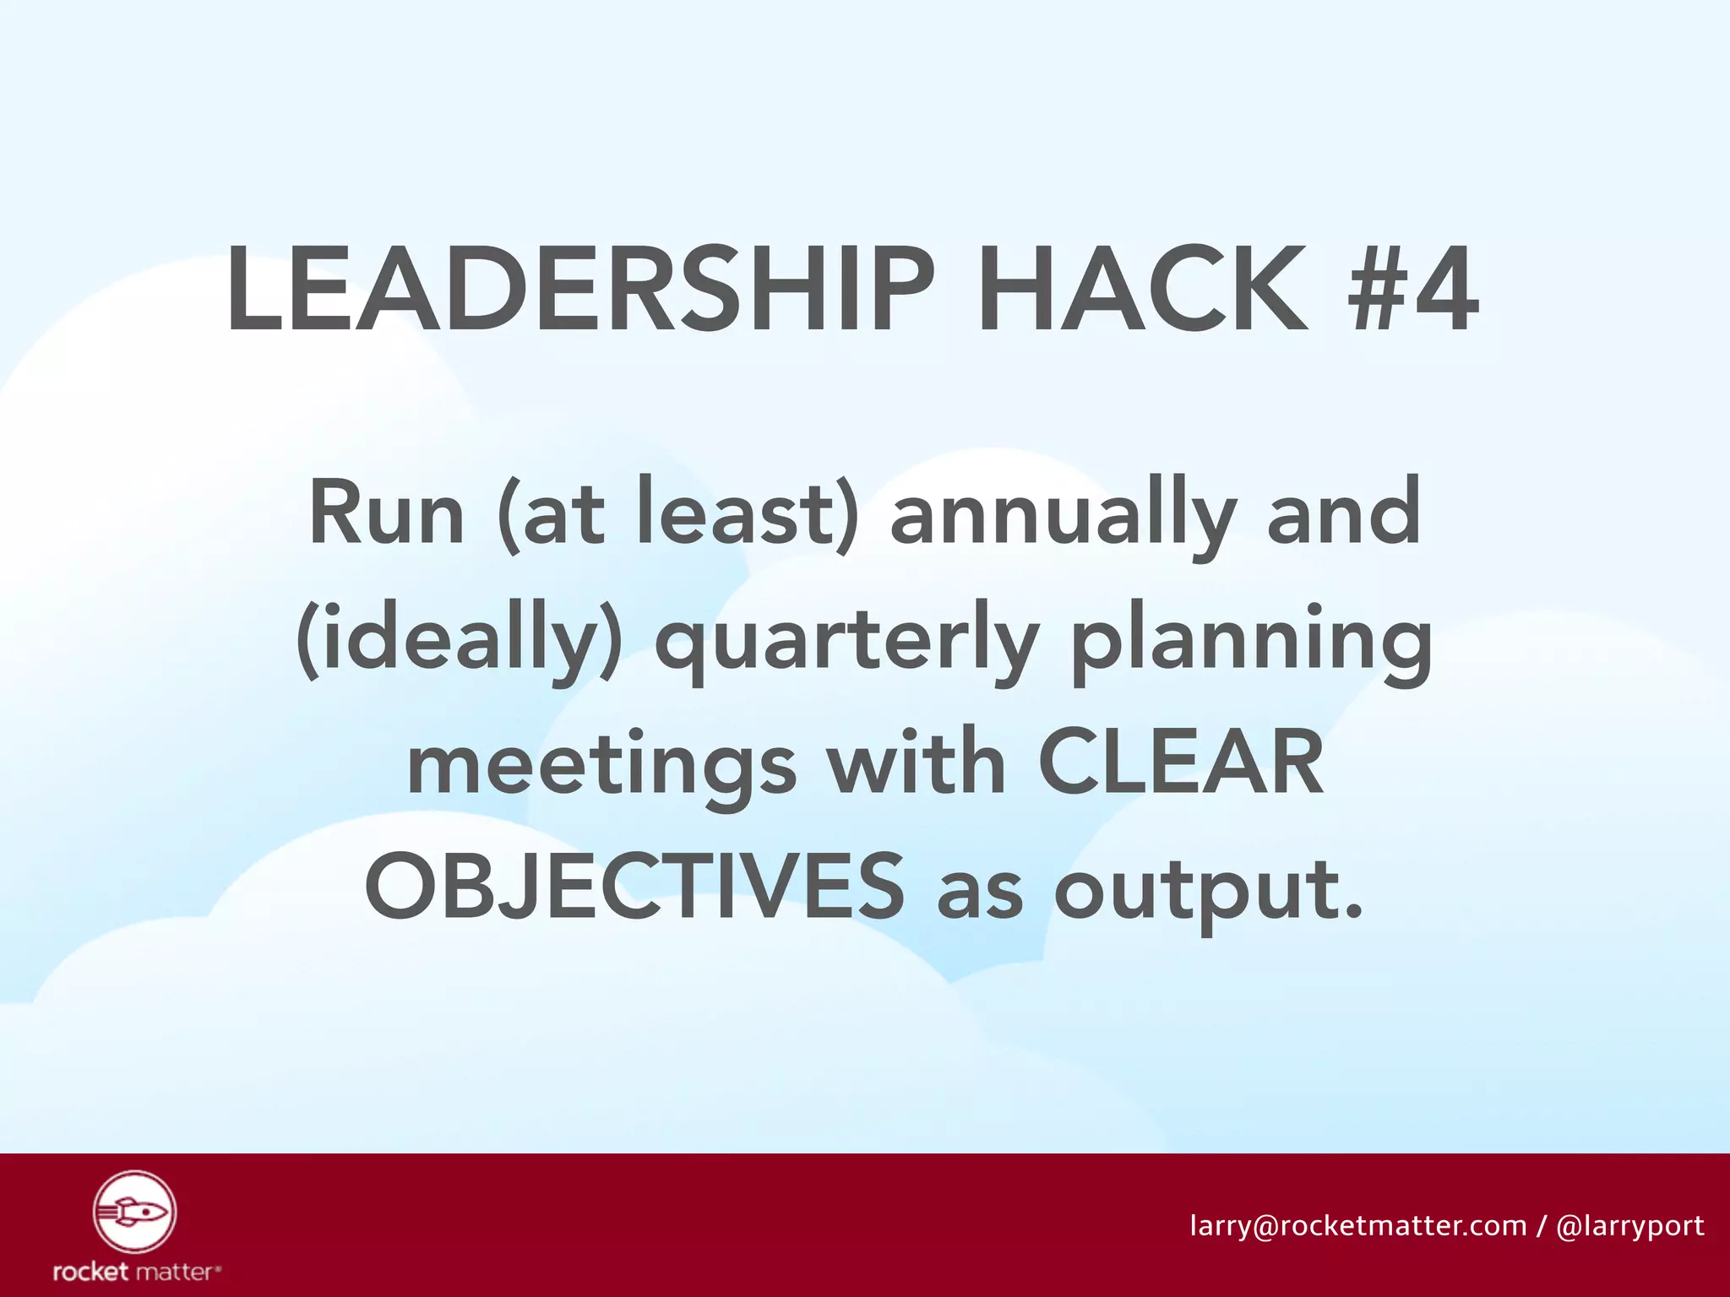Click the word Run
[387, 513]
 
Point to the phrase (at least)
[678, 513]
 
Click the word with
[916, 762]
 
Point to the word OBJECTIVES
[634, 887]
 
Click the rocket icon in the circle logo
[134, 1213]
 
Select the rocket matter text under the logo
[136, 1271]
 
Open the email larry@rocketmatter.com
[1357, 1225]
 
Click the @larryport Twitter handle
[1629, 1226]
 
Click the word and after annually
[1343, 513]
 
